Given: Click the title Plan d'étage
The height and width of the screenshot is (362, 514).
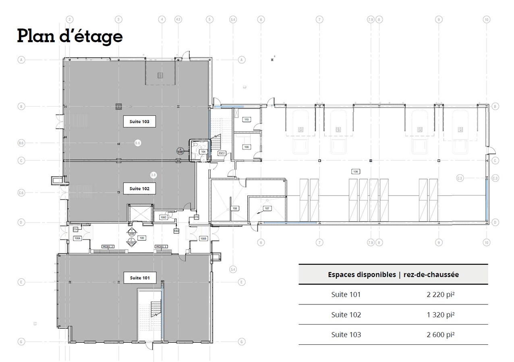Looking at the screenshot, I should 70,36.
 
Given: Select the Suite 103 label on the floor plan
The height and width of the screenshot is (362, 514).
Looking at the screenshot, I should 139,121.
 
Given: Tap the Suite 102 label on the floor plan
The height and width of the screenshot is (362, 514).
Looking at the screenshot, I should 139,188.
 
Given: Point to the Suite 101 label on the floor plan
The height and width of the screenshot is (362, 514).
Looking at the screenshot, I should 139,278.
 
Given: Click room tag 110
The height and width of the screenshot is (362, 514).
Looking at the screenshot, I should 247,119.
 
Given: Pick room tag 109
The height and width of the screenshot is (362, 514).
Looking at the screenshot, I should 247,147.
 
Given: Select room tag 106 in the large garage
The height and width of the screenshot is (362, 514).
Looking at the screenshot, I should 356,171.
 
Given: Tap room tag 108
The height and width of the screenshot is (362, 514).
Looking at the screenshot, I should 235,208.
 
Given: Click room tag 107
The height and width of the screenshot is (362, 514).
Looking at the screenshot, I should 267,208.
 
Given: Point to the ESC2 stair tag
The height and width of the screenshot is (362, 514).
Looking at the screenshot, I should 222,153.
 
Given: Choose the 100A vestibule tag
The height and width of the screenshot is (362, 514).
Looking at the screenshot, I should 78,239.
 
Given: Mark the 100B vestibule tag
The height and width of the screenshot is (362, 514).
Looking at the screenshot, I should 204,239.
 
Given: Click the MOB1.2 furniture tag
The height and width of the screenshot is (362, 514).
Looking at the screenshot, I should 108,247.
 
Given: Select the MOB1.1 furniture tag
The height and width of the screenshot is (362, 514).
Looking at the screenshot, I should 162,247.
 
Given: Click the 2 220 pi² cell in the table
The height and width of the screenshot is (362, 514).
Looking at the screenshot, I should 440,294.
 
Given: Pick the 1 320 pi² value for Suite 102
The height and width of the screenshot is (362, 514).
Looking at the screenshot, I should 440,315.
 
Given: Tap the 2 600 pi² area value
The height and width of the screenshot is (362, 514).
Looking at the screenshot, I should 440,335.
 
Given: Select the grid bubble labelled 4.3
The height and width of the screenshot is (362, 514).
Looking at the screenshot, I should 178,19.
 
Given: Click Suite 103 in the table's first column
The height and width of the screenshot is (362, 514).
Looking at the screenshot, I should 346,335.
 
